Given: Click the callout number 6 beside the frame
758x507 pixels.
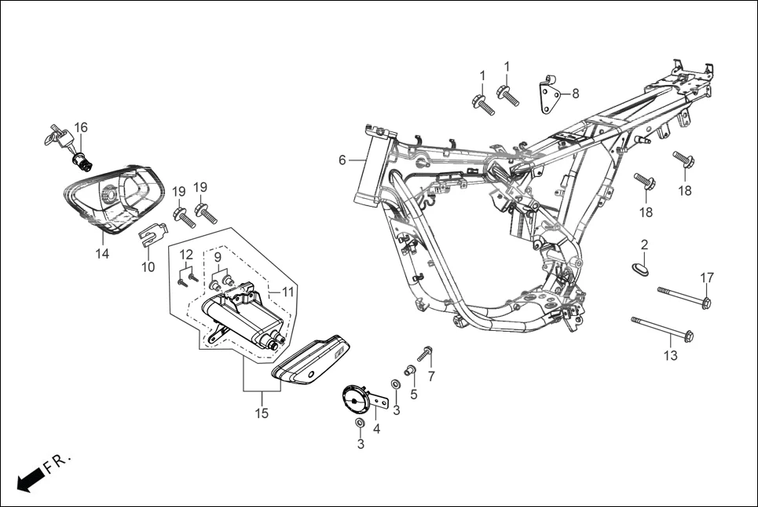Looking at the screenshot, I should pyautogui.click(x=342, y=160).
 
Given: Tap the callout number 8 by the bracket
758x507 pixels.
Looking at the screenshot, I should pyautogui.click(x=576, y=94).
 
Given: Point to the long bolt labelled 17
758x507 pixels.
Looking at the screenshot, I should pyautogui.click(x=683, y=296).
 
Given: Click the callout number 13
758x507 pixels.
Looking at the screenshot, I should pyautogui.click(x=670, y=356).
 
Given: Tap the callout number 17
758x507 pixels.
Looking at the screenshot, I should pyautogui.click(x=707, y=277).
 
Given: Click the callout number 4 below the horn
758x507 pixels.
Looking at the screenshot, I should pyautogui.click(x=377, y=429).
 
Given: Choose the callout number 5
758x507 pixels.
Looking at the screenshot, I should pyautogui.click(x=413, y=395).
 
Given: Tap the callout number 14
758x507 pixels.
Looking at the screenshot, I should pyautogui.click(x=102, y=254).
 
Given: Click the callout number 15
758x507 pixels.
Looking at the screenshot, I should pyautogui.click(x=262, y=413).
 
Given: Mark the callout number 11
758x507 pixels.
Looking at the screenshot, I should pyautogui.click(x=287, y=291).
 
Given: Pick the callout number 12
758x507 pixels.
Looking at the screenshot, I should pyautogui.click(x=186, y=255).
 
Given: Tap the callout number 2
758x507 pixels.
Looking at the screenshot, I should pyautogui.click(x=643, y=244).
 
